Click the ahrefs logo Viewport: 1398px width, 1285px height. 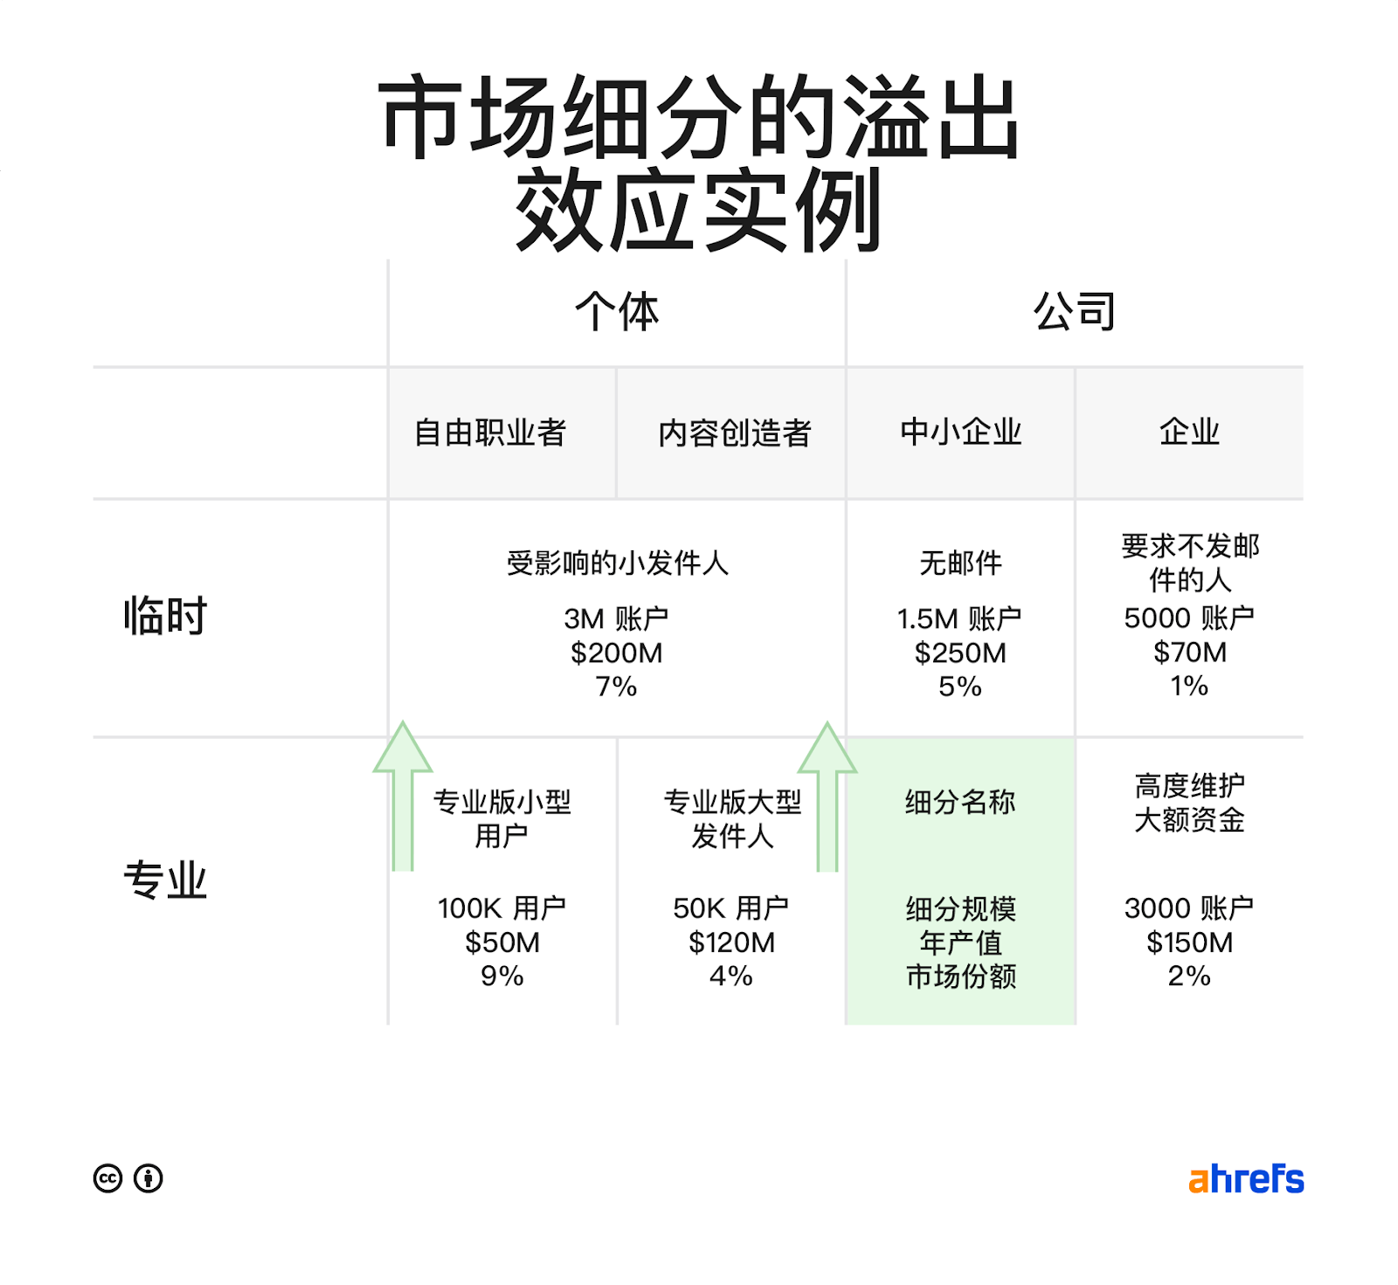(x=1245, y=1179)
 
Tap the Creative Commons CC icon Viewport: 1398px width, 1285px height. (x=107, y=1178)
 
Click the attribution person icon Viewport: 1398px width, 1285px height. (x=149, y=1178)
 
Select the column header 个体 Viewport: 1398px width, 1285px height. (x=617, y=312)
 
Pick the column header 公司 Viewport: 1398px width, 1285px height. (x=1075, y=312)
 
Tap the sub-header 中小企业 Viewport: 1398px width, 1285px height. (x=960, y=432)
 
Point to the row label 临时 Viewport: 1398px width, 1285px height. (x=165, y=616)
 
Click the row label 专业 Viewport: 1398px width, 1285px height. (x=165, y=880)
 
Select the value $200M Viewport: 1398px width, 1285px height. (x=617, y=653)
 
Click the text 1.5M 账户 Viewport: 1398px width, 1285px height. (x=959, y=619)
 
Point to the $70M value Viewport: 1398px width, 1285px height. (x=1189, y=652)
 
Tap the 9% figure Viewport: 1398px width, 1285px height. (x=502, y=976)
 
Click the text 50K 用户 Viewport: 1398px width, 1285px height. (x=730, y=908)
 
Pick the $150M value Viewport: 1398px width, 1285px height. (x=1189, y=943)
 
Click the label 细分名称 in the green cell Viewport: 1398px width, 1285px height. (x=960, y=802)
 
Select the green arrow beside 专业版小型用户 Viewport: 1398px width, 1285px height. (x=403, y=797)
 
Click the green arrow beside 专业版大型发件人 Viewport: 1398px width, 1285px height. (x=827, y=797)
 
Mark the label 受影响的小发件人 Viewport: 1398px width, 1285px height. (x=617, y=563)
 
